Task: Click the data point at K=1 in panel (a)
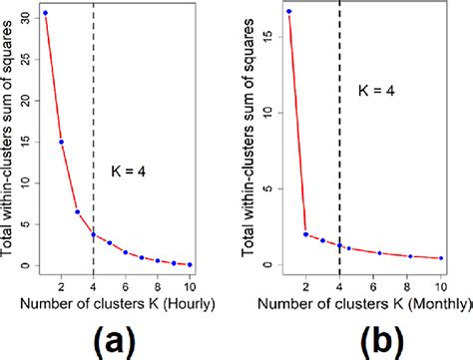(45, 13)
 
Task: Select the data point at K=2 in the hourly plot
(61, 142)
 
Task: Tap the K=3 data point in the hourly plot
(77, 211)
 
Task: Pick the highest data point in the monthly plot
(288, 12)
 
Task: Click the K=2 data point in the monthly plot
(305, 234)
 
